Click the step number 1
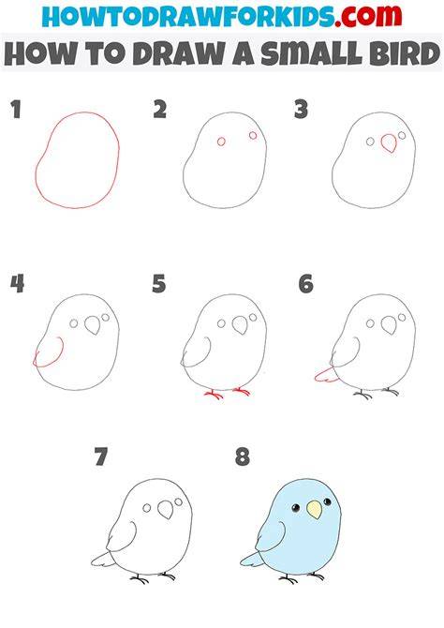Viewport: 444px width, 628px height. pyautogui.click(x=16, y=110)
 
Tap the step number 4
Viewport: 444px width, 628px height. pyautogui.click(x=17, y=284)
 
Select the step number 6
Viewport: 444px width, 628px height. pyautogui.click(x=306, y=284)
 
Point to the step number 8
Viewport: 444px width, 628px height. pyautogui.click(x=243, y=457)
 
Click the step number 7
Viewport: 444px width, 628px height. pyautogui.click(x=101, y=456)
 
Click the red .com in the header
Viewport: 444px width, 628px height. pyautogui.click(x=369, y=16)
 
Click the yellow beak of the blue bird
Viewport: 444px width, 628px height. pyautogui.click(x=314, y=510)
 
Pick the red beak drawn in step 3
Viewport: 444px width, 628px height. pyautogui.click(x=389, y=143)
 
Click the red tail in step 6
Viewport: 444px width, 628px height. pyautogui.click(x=327, y=376)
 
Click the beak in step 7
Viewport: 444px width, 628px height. pyautogui.click(x=166, y=510)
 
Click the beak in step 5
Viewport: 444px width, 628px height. pyautogui.click(x=241, y=325)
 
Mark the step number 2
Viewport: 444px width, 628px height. pyautogui.click(x=160, y=110)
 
